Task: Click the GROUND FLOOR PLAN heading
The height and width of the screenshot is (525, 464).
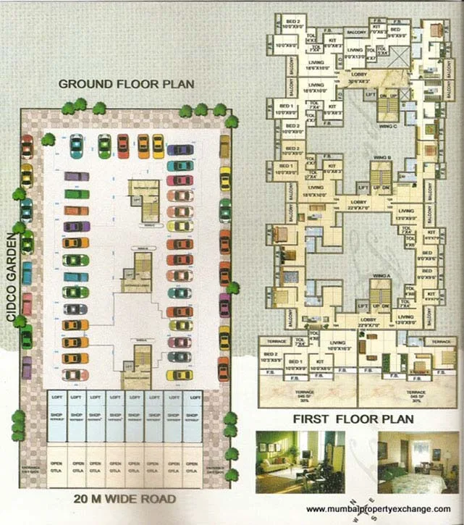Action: pos(126,84)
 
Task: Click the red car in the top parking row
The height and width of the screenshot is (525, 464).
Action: pos(123,146)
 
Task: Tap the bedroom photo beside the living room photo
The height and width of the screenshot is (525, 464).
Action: pos(413,461)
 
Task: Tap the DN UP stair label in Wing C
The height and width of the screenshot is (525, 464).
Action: pos(388,96)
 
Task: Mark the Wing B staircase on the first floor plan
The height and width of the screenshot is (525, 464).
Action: pos(381,177)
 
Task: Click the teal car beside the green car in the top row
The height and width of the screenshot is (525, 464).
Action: pos(76,146)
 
